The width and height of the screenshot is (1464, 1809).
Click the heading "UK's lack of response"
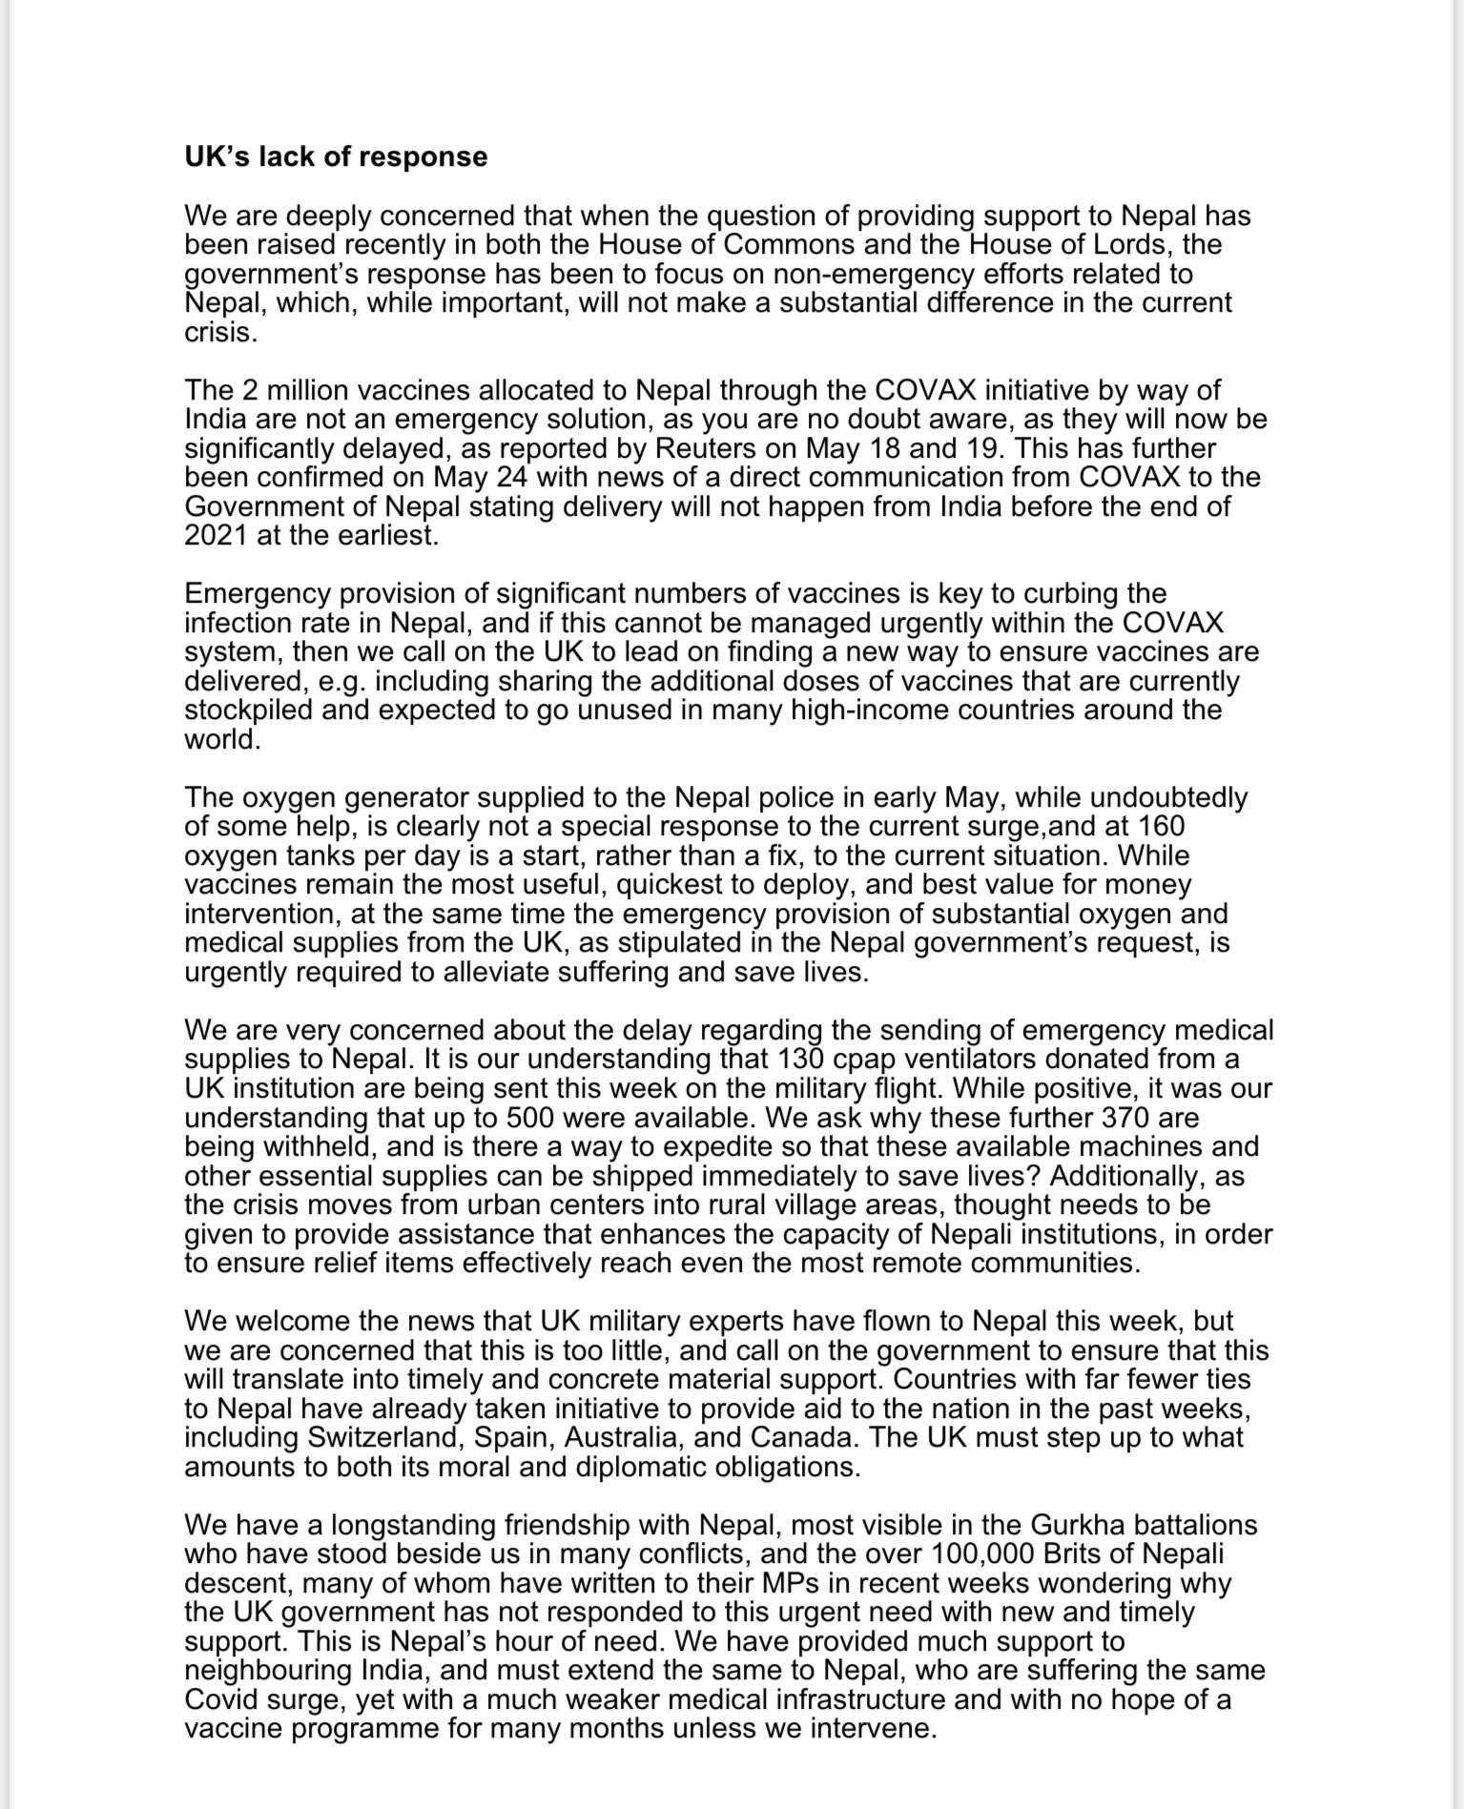tap(336, 157)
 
